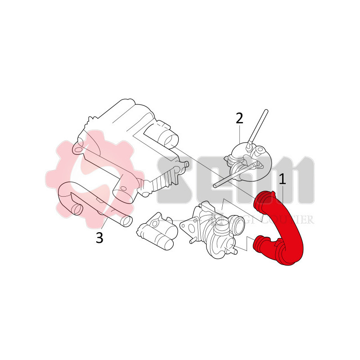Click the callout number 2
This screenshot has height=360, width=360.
click(x=239, y=118)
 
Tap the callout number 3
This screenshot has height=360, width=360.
click(x=99, y=238)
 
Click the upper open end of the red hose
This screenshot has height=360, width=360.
click(x=264, y=198)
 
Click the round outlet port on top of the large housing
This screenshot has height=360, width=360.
click(x=170, y=137)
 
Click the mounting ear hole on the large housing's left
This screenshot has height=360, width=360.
click(x=80, y=148)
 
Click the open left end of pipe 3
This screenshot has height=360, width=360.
click(x=77, y=209)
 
